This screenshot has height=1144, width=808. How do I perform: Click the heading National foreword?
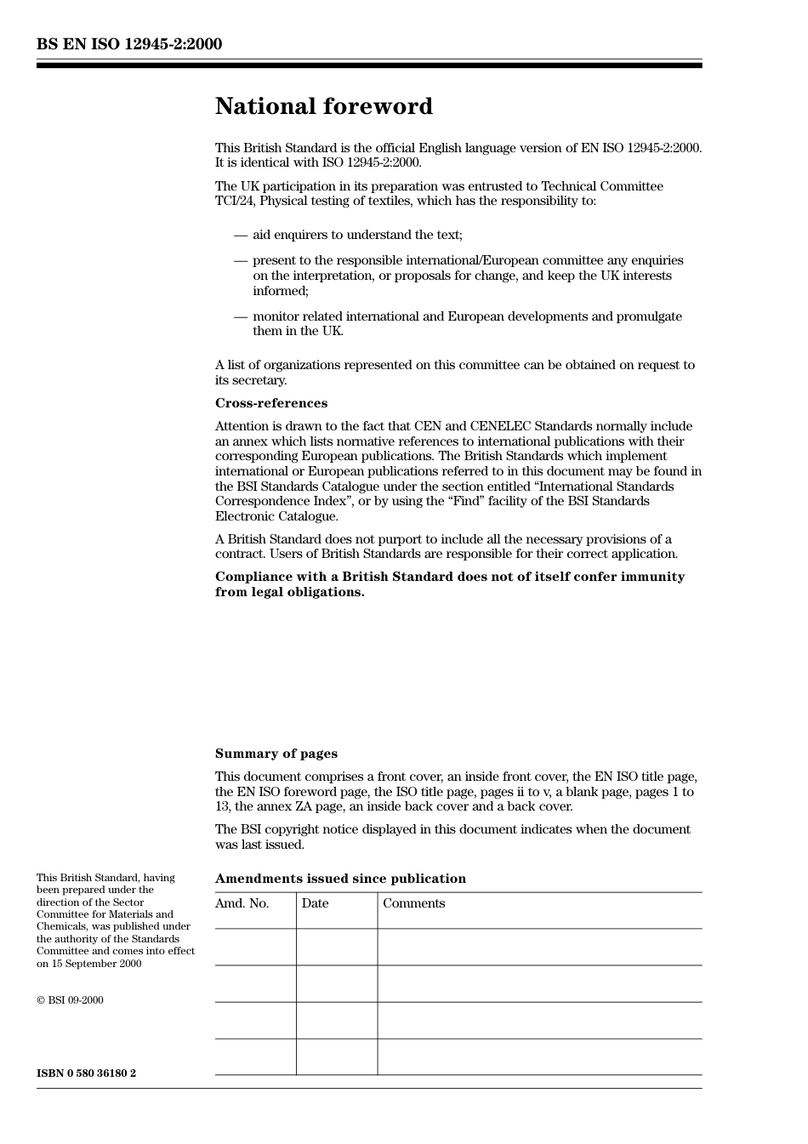(323, 106)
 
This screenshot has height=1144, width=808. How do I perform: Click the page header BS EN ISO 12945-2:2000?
(129, 44)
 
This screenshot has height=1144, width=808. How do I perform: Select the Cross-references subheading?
(270, 403)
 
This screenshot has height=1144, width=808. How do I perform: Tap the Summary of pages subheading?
(276, 754)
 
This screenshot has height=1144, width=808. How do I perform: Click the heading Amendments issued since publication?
(340, 879)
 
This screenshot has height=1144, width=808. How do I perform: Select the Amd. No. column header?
(242, 903)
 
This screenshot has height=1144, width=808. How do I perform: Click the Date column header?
(315, 903)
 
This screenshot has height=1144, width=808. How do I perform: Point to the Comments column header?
(413, 903)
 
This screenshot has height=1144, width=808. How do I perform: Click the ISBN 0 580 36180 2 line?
(86, 1073)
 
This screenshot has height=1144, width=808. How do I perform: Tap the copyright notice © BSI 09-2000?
(70, 1000)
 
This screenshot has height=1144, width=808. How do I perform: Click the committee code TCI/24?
(235, 202)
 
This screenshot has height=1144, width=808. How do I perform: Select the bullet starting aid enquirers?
(357, 235)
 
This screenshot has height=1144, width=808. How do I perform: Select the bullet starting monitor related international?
(466, 316)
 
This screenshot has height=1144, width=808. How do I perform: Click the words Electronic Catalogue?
(276, 516)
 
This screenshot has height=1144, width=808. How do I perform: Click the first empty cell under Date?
(337, 947)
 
